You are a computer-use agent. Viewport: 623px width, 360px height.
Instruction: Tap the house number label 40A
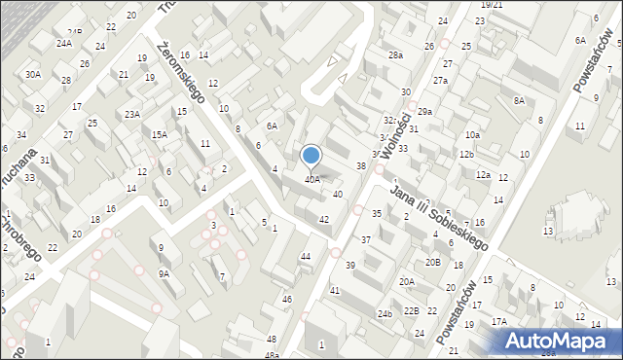coord(311,179)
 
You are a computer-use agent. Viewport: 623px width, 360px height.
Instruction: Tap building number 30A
coord(33,74)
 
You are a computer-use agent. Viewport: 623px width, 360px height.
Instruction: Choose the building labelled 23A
coord(131,114)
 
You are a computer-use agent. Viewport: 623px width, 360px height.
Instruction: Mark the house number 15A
coord(159,135)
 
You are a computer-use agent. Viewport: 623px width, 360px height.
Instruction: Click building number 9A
coord(165,274)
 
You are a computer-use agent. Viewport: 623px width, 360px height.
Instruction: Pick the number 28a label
coord(395,55)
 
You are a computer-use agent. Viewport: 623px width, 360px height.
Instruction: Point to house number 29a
coord(424,112)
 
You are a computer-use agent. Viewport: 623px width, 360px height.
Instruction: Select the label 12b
coord(467,155)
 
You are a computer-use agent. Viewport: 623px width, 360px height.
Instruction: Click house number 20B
coord(432,263)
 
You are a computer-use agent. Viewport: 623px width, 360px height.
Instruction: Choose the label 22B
coord(412,310)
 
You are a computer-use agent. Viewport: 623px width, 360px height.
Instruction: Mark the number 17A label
coord(499,321)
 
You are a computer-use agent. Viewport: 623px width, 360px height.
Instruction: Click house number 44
coord(306,256)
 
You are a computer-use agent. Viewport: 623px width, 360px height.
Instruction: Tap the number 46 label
coord(286,299)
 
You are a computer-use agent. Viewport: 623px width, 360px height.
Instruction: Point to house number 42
coord(324,219)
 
